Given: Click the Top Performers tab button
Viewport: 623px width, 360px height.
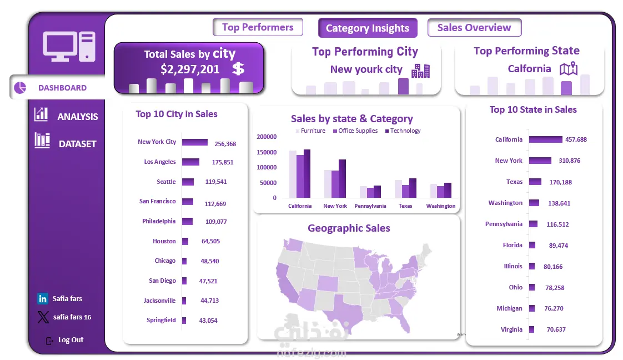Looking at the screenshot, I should pyautogui.click(x=258, y=27).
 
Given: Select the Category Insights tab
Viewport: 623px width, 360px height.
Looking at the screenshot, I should pyautogui.click(x=367, y=28).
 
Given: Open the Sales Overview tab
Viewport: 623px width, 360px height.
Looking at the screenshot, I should pyautogui.click(x=474, y=28).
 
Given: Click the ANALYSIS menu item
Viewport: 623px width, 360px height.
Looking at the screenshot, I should pyautogui.click(x=77, y=116).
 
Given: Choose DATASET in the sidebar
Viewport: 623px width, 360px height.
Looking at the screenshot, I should pyautogui.click(x=77, y=143).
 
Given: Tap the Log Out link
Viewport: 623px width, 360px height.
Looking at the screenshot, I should pyautogui.click(x=71, y=340).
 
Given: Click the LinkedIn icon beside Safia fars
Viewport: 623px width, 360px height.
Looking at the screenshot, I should pyautogui.click(x=43, y=299).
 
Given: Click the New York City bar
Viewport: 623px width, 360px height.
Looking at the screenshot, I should pyautogui.click(x=194, y=142).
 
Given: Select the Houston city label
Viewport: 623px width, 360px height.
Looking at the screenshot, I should pyautogui.click(x=164, y=241).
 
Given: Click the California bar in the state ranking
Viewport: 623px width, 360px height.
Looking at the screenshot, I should pyautogui.click(x=545, y=139).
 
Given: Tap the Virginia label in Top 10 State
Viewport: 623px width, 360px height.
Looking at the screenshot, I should pyautogui.click(x=511, y=329).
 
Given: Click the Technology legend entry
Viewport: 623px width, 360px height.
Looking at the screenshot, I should pyautogui.click(x=405, y=131).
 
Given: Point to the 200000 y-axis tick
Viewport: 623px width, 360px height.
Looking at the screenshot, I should pyautogui.click(x=267, y=137).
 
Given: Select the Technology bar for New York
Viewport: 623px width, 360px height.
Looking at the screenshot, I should pyautogui.click(x=342, y=178).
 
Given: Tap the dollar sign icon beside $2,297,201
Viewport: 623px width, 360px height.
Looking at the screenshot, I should pyautogui.click(x=238, y=69).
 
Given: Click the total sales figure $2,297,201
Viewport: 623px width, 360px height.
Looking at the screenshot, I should pyautogui.click(x=190, y=69).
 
